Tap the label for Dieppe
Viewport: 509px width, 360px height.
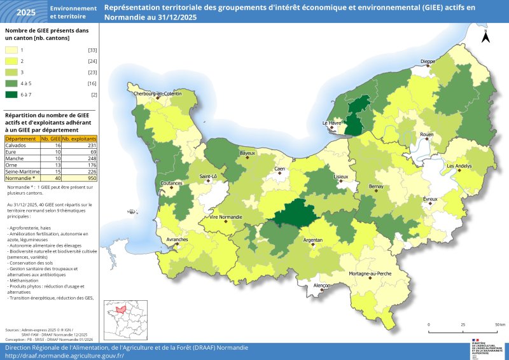(428, 62)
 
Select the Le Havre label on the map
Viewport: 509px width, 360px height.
(333, 123)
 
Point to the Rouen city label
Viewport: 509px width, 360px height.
(426, 135)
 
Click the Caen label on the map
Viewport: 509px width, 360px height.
(279, 169)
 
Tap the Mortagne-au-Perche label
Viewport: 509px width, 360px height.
(369, 273)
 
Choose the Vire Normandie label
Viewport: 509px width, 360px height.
(221, 218)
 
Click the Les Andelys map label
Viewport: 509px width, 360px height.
(459, 166)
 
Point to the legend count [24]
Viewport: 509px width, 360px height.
(92, 61)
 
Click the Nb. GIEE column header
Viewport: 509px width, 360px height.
(51, 139)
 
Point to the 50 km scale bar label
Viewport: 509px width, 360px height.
(500, 324)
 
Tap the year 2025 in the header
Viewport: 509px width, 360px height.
(25, 12)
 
